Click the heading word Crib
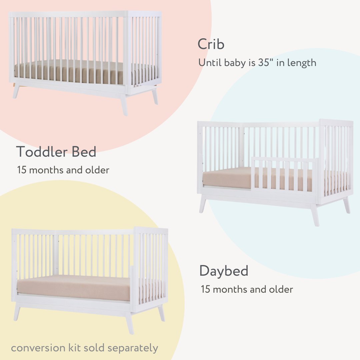(x=211, y=44)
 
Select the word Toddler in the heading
(x=38, y=152)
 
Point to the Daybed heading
(x=224, y=271)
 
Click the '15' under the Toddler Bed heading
(x=22, y=170)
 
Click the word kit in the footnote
(x=72, y=348)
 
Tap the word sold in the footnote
(x=94, y=348)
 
